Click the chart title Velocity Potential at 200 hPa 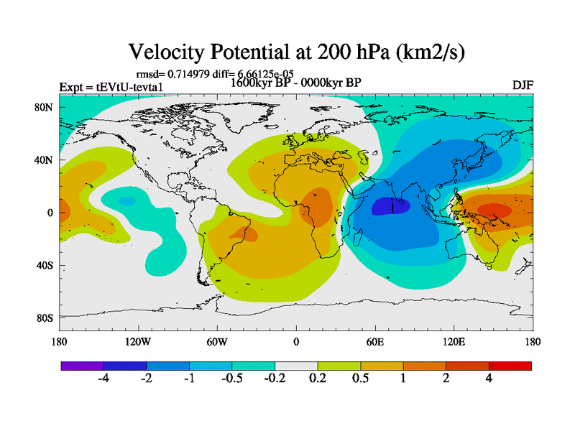[x=296, y=52]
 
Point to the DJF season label [x=522, y=85]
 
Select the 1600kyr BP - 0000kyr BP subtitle [x=295, y=82]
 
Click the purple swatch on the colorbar [x=83, y=366]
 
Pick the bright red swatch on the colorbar [x=510, y=366]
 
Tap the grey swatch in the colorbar [x=296, y=366]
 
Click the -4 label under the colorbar [x=103, y=379]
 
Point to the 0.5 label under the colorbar [x=360, y=379]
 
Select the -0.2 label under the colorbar [x=274, y=379]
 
